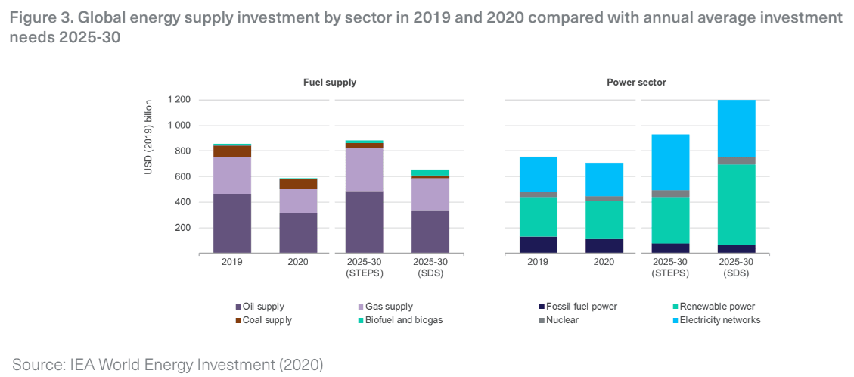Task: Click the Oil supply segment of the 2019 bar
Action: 231,223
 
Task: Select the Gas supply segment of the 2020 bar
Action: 297,201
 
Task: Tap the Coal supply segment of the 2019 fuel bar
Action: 231,151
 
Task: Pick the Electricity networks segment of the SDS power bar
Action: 736,129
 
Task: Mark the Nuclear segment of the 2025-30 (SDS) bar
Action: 736,160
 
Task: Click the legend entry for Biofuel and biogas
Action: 403,320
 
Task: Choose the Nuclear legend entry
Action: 564,320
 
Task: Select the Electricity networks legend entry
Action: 719,320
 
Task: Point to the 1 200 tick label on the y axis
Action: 179,100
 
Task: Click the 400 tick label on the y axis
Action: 183,202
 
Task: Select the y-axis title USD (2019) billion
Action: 149,136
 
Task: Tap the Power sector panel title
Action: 636,82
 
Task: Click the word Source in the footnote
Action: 37,365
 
